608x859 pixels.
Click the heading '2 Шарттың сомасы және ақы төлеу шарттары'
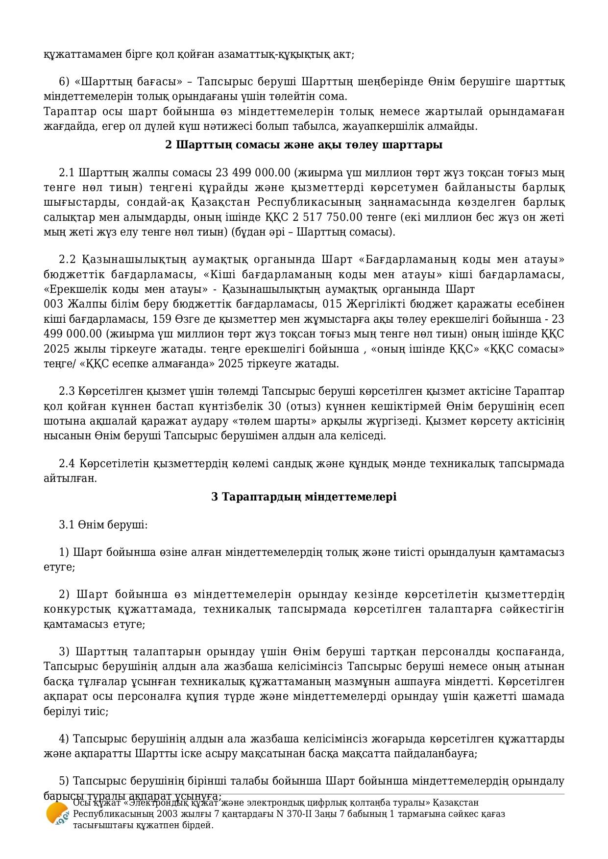click(x=304, y=145)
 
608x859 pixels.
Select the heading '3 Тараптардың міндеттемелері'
click(x=304, y=497)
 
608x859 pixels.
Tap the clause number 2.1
click(x=67, y=173)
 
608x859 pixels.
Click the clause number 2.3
click(x=67, y=391)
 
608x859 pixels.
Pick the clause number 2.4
click(x=67, y=463)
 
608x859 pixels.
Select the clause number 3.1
click(x=67, y=525)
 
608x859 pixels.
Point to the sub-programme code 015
click(x=332, y=304)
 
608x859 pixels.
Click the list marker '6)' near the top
click(x=64, y=81)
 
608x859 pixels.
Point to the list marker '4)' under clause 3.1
click(x=64, y=739)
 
